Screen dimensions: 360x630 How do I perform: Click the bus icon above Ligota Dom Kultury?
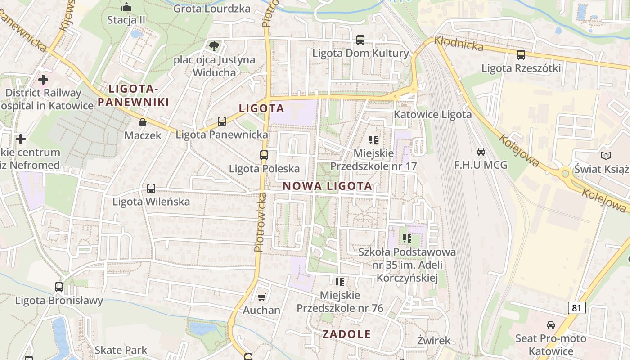coord(360,40)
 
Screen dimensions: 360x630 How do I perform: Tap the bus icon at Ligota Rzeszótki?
coord(521,55)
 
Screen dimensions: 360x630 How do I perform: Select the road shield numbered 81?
coord(576,308)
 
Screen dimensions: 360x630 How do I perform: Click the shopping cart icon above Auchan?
coord(262,297)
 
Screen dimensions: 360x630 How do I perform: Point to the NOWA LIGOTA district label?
coord(328,186)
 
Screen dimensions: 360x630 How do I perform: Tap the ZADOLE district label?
coord(346,334)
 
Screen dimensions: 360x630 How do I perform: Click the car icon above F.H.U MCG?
coord(481,152)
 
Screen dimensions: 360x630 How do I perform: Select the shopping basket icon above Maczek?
coord(143,122)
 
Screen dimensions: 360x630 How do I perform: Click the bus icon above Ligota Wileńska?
coord(151,189)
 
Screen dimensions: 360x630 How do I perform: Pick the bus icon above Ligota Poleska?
coord(264,155)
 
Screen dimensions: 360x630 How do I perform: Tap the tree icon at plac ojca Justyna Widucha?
coord(214,46)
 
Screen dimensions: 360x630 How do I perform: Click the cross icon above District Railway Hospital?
coord(43,80)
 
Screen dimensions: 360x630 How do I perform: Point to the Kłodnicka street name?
coord(459,45)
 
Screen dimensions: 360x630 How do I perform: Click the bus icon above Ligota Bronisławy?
coord(59,287)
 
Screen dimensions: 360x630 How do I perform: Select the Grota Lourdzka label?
coord(211,8)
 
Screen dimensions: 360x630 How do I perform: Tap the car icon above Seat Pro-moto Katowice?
coord(550,324)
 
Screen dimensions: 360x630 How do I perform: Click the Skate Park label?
coord(121,350)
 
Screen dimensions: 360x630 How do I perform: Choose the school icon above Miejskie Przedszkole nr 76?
coord(340,282)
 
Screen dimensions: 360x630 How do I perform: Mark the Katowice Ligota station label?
coord(433,114)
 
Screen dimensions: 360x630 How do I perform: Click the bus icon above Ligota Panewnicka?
coord(222,121)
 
